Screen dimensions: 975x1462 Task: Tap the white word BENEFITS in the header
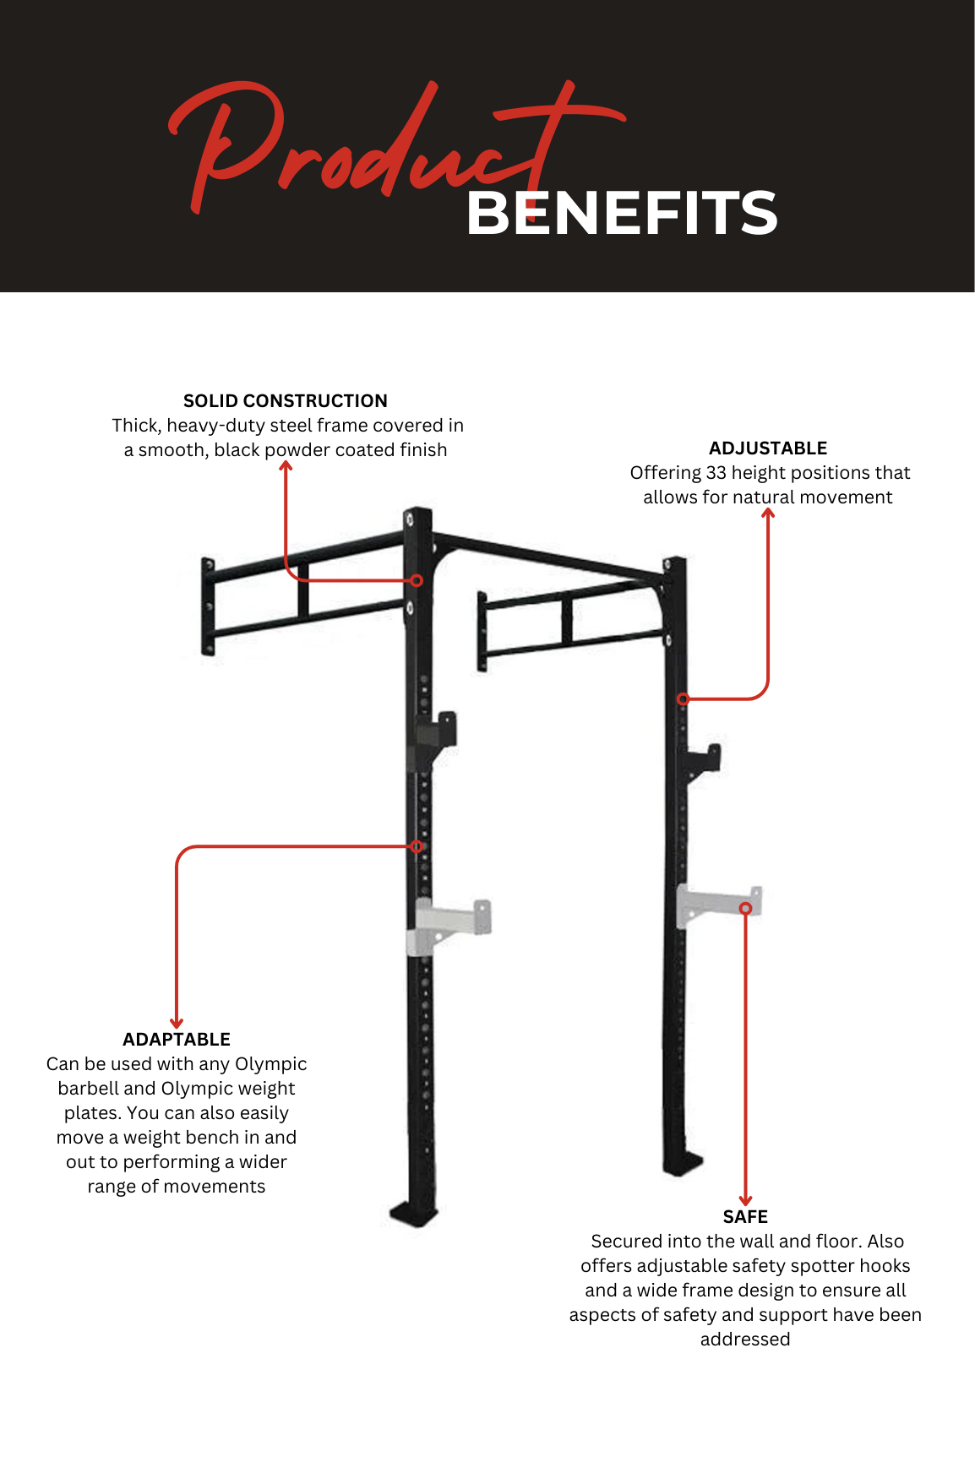[x=622, y=213]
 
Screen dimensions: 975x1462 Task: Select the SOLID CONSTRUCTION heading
[x=286, y=401]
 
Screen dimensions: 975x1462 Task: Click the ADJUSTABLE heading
[x=768, y=448]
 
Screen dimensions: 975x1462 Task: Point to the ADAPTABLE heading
[x=177, y=1040]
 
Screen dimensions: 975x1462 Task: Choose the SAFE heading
[x=745, y=1217]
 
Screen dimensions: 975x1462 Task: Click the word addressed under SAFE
[x=745, y=1340]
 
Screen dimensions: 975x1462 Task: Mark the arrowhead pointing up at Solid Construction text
[x=286, y=466]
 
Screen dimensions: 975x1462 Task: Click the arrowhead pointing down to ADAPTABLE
[x=177, y=1023]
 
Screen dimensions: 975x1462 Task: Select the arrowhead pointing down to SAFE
[x=745, y=1200]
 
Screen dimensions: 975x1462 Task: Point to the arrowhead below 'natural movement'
[x=768, y=514]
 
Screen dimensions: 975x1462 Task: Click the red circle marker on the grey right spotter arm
[x=745, y=908]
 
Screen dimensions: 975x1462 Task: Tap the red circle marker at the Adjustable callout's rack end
[x=684, y=698]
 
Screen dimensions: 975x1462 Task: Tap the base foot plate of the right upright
[x=683, y=1165]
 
